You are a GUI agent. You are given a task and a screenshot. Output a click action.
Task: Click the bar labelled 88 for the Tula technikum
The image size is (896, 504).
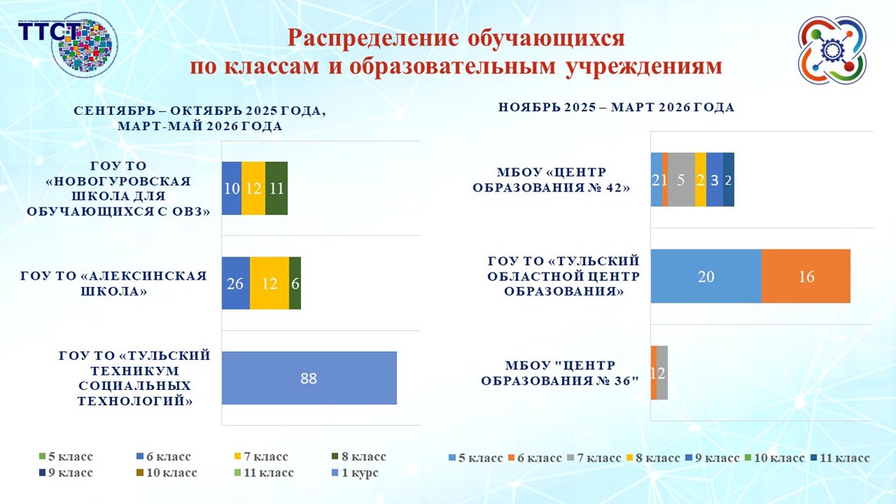click(309, 378)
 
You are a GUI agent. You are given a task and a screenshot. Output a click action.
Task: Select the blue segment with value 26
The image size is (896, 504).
click(236, 283)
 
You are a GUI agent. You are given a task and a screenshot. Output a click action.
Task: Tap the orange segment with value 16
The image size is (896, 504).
click(806, 277)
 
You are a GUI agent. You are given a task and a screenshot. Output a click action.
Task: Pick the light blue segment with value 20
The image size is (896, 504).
click(705, 277)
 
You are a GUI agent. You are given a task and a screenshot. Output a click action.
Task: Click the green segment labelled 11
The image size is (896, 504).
click(276, 188)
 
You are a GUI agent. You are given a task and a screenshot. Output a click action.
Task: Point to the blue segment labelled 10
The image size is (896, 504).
click(231, 188)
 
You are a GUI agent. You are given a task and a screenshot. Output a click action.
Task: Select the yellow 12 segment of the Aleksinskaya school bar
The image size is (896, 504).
click(270, 283)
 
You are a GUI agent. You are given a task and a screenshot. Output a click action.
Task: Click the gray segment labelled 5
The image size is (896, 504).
click(681, 179)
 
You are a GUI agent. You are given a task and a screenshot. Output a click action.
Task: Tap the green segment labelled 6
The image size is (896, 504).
click(295, 283)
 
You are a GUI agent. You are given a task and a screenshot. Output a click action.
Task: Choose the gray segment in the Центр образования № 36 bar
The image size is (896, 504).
click(662, 372)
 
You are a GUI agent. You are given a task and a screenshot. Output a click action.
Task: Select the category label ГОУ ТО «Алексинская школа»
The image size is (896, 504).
click(114, 283)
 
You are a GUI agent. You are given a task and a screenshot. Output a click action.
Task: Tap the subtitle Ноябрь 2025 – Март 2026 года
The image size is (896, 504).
click(616, 108)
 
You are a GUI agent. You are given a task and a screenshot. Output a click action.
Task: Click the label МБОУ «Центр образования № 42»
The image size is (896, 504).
click(551, 179)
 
